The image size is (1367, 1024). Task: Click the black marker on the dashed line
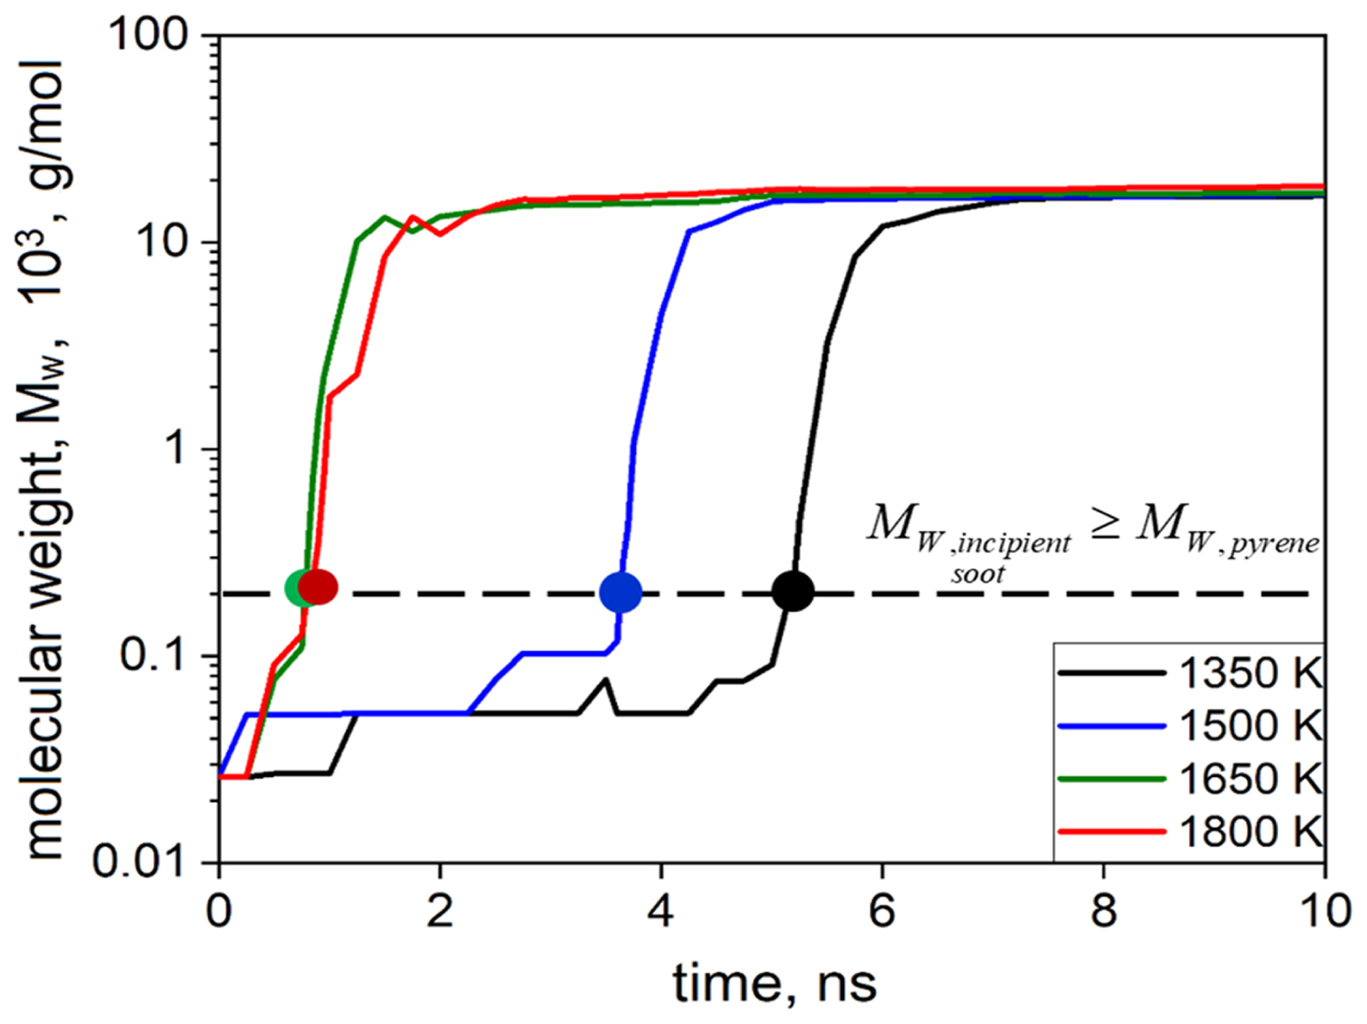(793, 591)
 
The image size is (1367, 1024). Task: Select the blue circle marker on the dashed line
(620, 592)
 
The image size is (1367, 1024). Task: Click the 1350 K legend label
(1250, 673)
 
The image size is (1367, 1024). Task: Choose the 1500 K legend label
(1250, 726)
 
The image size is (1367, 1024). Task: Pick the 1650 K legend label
(1250, 779)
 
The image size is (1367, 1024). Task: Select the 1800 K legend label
(1250, 832)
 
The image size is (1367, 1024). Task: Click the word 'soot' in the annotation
(978, 575)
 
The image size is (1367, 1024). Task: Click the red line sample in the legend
(1111, 832)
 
